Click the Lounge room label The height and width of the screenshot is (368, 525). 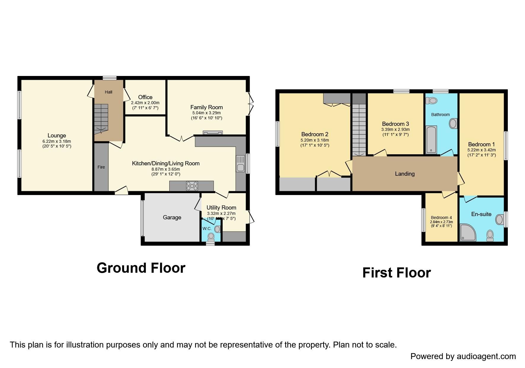click(x=57, y=136)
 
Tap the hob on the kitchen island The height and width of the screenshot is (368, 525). click(x=192, y=186)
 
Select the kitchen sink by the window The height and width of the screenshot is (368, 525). click(x=240, y=164)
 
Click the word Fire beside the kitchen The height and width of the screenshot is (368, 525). click(x=101, y=167)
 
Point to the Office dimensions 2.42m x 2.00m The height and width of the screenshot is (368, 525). click(x=145, y=103)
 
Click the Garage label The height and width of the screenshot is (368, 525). click(x=172, y=218)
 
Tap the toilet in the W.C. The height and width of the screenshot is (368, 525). click(x=211, y=237)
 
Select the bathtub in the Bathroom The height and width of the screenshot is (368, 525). click(x=431, y=139)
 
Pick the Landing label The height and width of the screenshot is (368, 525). click(x=405, y=174)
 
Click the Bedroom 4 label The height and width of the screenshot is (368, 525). click(x=441, y=218)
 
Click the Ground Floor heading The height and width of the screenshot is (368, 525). click(x=141, y=268)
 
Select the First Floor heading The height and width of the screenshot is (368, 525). click(x=396, y=273)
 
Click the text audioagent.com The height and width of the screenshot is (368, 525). click(x=486, y=356)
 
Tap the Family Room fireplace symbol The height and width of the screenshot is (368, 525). click(x=212, y=133)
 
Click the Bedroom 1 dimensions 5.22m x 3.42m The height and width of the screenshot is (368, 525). click(x=481, y=150)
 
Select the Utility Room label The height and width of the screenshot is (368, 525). click(x=221, y=207)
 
